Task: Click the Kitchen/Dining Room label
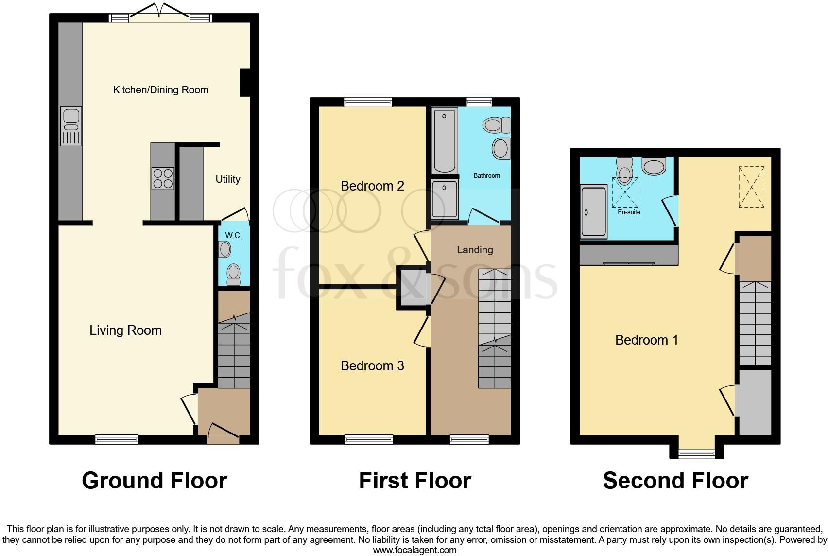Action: click(160, 90)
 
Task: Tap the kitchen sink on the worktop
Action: click(71, 126)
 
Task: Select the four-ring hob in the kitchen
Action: click(162, 178)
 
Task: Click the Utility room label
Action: click(227, 179)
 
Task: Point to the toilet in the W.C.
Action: click(234, 274)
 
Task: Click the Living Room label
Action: click(125, 330)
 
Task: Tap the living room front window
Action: click(117, 440)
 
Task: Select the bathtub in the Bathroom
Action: click(444, 140)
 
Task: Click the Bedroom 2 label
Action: click(372, 186)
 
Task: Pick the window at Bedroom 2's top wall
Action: click(368, 102)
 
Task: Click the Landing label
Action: click(475, 250)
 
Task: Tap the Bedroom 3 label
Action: click(372, 365)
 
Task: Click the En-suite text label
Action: click(629, 212)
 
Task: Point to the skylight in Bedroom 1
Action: click(751, 187)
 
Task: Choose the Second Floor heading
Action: click(675, 481)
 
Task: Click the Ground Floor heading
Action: click(154, 481)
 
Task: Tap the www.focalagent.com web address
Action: click(414, 550)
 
